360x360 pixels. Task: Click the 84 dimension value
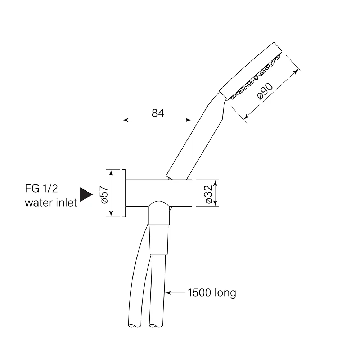coord(158,113)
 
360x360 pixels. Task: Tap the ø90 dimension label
coord(265,91)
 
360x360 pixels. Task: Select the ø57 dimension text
coord(104,195)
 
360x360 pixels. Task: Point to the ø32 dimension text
coord(209,194)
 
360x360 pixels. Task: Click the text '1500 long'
coord(212,293)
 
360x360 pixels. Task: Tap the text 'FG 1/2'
coord(41,189)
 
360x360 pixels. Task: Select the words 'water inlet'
coord(51,203)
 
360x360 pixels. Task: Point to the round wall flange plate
coord(124,193)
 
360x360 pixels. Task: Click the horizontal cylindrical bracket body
coord(159,193)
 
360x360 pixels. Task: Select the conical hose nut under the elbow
coord(159,239)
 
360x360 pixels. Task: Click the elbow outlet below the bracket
coord(159,213)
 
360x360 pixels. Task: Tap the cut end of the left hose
coord(134,325)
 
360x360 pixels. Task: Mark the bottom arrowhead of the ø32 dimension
coord(215,203)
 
